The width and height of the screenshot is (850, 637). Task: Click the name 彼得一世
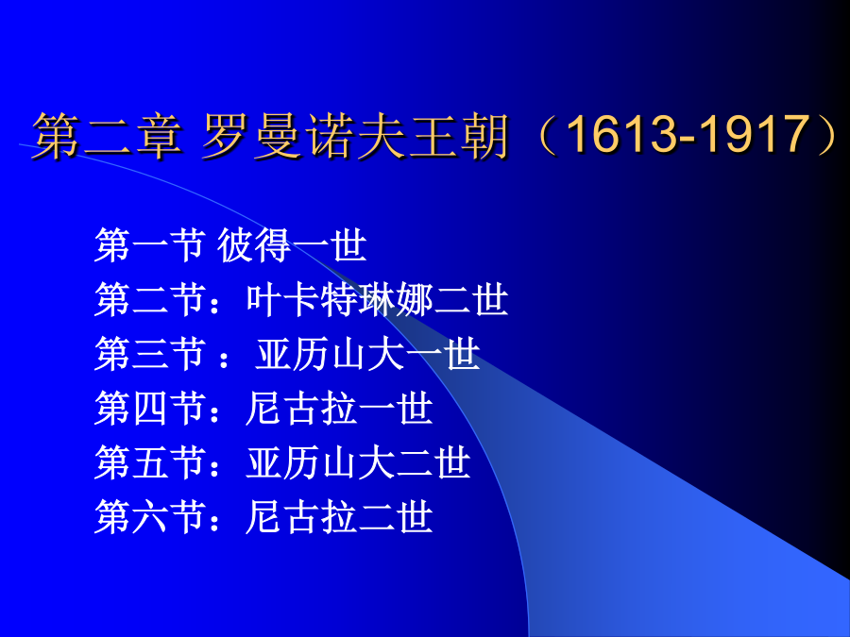click(292, 245)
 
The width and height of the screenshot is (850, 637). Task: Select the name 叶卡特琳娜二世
click(377, 299)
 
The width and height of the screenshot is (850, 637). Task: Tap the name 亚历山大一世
click(367, 354)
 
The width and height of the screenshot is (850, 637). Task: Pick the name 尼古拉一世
click(339, 409)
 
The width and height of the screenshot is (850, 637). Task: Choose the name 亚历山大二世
click(358, 462)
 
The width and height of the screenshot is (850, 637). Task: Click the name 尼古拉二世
click(339, 517)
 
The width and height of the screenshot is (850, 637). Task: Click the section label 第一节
click(149, 245)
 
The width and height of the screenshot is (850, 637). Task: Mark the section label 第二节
click(149, 299)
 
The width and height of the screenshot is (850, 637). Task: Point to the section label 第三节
click(149, 354)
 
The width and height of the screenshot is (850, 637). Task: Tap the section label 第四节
click(149, 409)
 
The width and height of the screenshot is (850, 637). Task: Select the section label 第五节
click(149, 462)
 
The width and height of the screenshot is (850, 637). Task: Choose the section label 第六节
click(149, 517)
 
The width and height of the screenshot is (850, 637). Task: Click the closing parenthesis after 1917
click(825, 135)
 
